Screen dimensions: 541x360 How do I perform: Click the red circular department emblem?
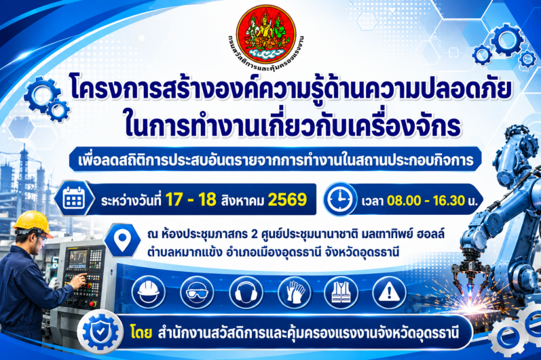(x=266, y=34)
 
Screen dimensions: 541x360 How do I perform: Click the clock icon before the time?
(x=340, y=200)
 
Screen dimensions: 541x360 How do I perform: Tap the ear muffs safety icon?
(x=246, y=293)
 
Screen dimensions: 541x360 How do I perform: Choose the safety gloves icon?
(x=294, y=293)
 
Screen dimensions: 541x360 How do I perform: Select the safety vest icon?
(x=341, y=293)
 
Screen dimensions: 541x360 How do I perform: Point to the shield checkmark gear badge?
(x=100, y=331)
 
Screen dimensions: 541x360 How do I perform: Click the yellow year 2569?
(x=287, y=200)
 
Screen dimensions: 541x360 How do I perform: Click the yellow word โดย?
(x=142, y=333)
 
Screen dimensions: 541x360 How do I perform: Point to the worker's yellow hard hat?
(x=32, y=223)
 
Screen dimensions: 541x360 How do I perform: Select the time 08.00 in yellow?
(x=404, y=201)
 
